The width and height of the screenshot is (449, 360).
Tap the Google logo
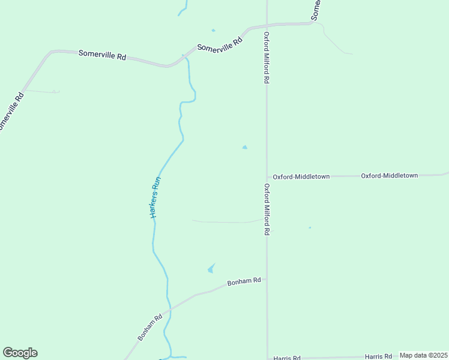click(20, 353)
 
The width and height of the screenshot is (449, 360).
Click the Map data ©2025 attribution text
click(423, 355)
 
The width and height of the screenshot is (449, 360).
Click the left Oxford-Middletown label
click(301, 177)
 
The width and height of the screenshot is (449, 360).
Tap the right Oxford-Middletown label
click(389, 176)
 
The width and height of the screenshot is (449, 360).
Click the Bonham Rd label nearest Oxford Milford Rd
click(244, 281)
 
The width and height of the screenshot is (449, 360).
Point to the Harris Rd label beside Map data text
click(379, 356)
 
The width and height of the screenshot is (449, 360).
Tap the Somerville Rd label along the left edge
click(11, 112)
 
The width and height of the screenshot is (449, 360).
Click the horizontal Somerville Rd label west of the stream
click(102, 55)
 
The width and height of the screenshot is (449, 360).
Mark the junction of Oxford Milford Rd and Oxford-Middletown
click(267, 177)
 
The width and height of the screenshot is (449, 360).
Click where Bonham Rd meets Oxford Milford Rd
click(267, 279)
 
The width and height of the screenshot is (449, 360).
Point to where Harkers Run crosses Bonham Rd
click(170, 309)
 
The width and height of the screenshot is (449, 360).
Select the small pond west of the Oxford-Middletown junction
click(244, 147)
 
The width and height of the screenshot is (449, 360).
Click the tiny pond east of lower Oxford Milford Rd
click(310, 227)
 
